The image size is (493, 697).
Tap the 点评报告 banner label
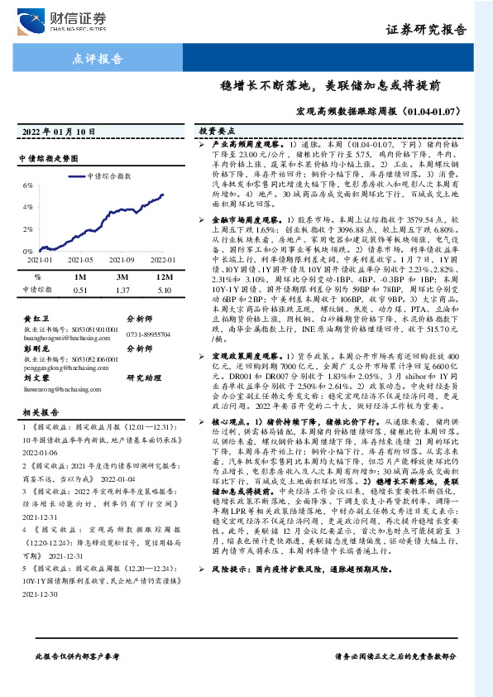[x=93, y=59]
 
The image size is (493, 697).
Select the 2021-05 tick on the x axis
[x=75, y=260]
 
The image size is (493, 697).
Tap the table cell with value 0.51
[x=80, y=290]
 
